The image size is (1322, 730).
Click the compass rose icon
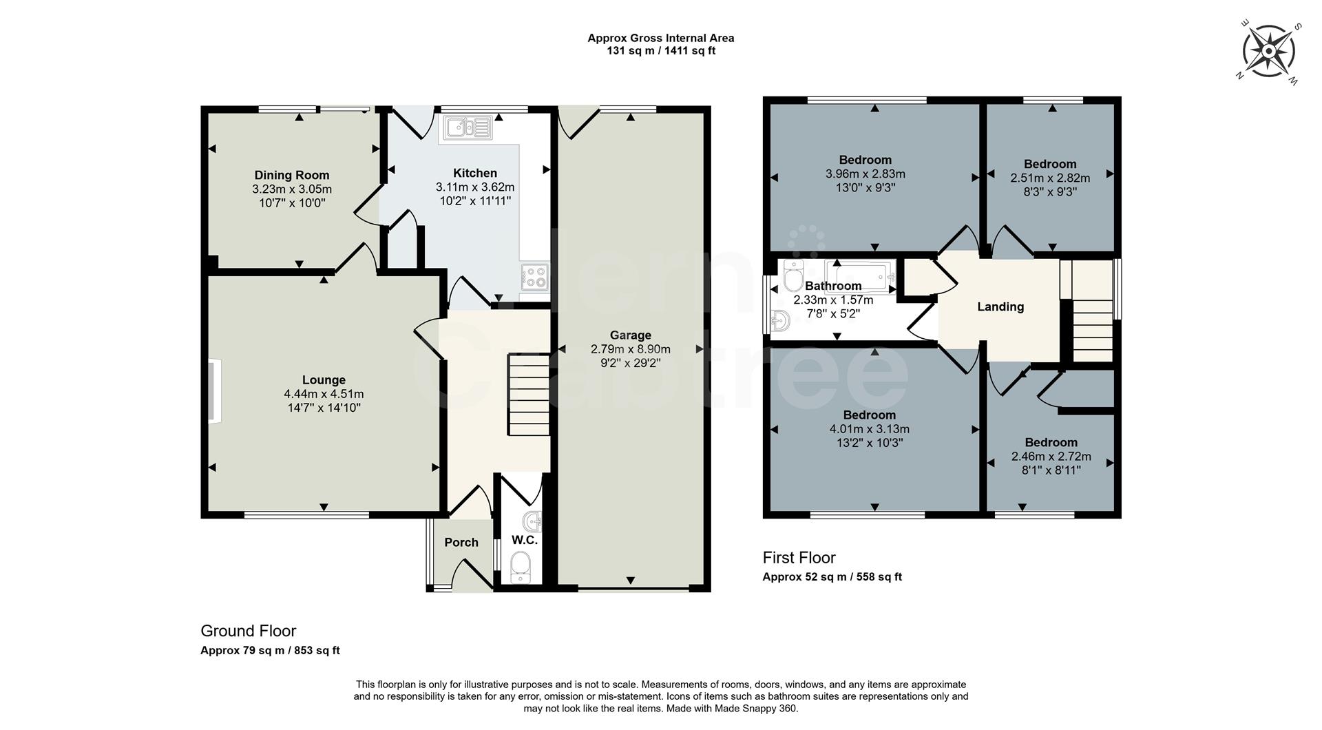[1269, 51]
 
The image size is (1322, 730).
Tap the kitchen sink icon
[468, 128]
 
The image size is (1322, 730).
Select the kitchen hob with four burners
[534, 277]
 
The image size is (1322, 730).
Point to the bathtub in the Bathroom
[861, 274]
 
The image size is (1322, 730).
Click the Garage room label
[630, 335]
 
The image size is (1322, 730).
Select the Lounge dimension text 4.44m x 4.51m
[324, 394]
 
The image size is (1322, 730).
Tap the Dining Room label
[292, 175]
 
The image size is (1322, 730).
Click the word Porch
[461, 543]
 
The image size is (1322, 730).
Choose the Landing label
[1000, 307]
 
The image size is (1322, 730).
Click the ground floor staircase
[529, 394]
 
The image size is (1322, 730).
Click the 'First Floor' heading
[799, 558]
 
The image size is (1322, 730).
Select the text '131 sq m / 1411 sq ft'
[660, 51]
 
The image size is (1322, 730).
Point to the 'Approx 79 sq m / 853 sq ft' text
[270, 651]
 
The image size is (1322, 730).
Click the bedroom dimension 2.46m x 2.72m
[1051, 457]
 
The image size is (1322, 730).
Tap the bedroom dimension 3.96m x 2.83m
[865, 174]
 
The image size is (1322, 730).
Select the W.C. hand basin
[533, 521]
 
